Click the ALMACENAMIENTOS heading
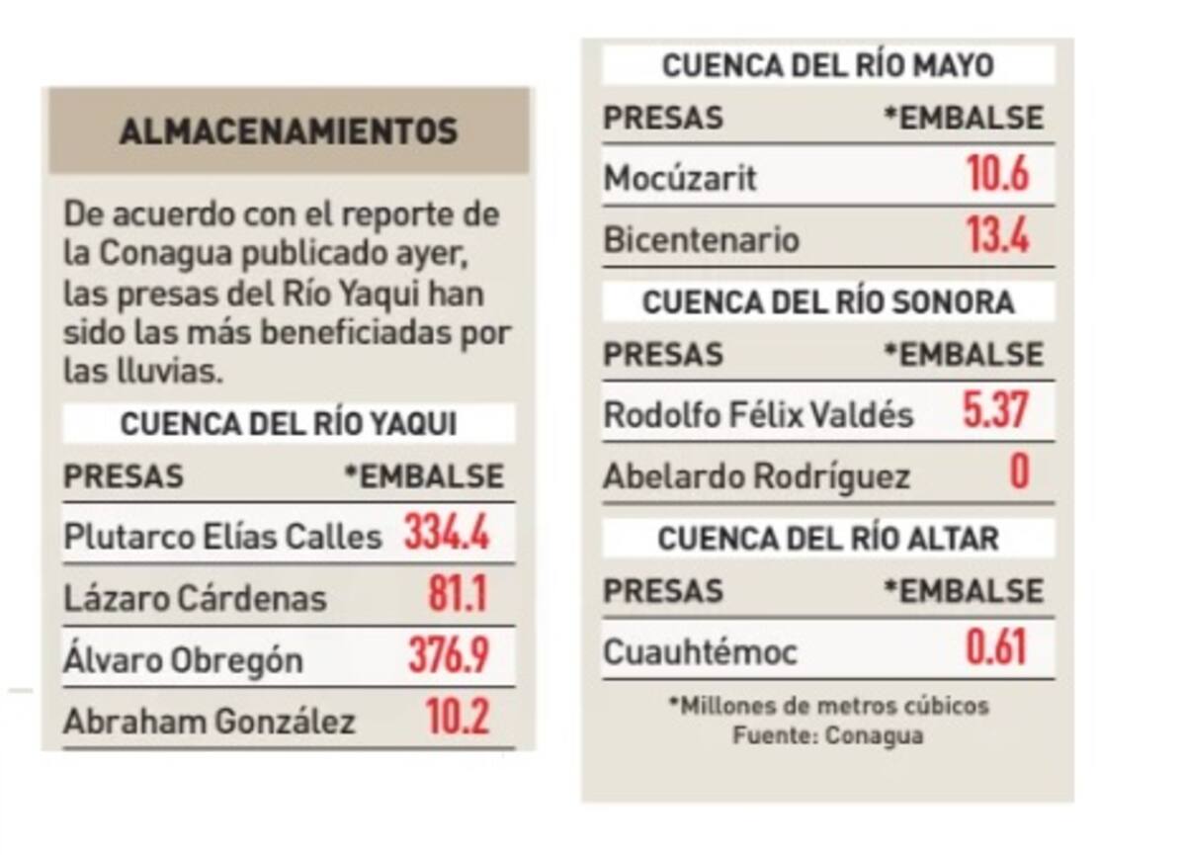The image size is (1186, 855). tap(288, 131)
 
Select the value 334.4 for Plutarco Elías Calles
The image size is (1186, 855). tap(446, 535)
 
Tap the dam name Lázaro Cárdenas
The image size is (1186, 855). tap(195, 597)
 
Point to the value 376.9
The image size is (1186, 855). tap(448, 657)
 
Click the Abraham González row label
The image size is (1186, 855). tap(209, 721)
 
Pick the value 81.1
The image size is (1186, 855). tap(457, 596)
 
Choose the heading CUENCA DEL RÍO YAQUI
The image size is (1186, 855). tap(289, 424)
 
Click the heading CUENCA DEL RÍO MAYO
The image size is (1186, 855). tap(827, 66)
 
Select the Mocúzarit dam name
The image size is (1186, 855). tap(680, 179)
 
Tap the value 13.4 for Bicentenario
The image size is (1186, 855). tap(997, 237)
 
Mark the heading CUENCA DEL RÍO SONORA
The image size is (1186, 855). tap(828, 302)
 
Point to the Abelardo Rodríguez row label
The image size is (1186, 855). tap(756, 477)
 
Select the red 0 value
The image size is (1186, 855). tap(1018, 473)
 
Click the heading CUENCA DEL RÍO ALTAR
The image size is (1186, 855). tap(828, 539)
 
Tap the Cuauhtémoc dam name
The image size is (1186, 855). tap(700, 652)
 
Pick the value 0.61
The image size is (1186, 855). tap(996, 649)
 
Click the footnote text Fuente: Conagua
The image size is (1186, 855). tap(828, 736)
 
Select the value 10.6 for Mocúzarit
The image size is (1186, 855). tap(997, 176)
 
